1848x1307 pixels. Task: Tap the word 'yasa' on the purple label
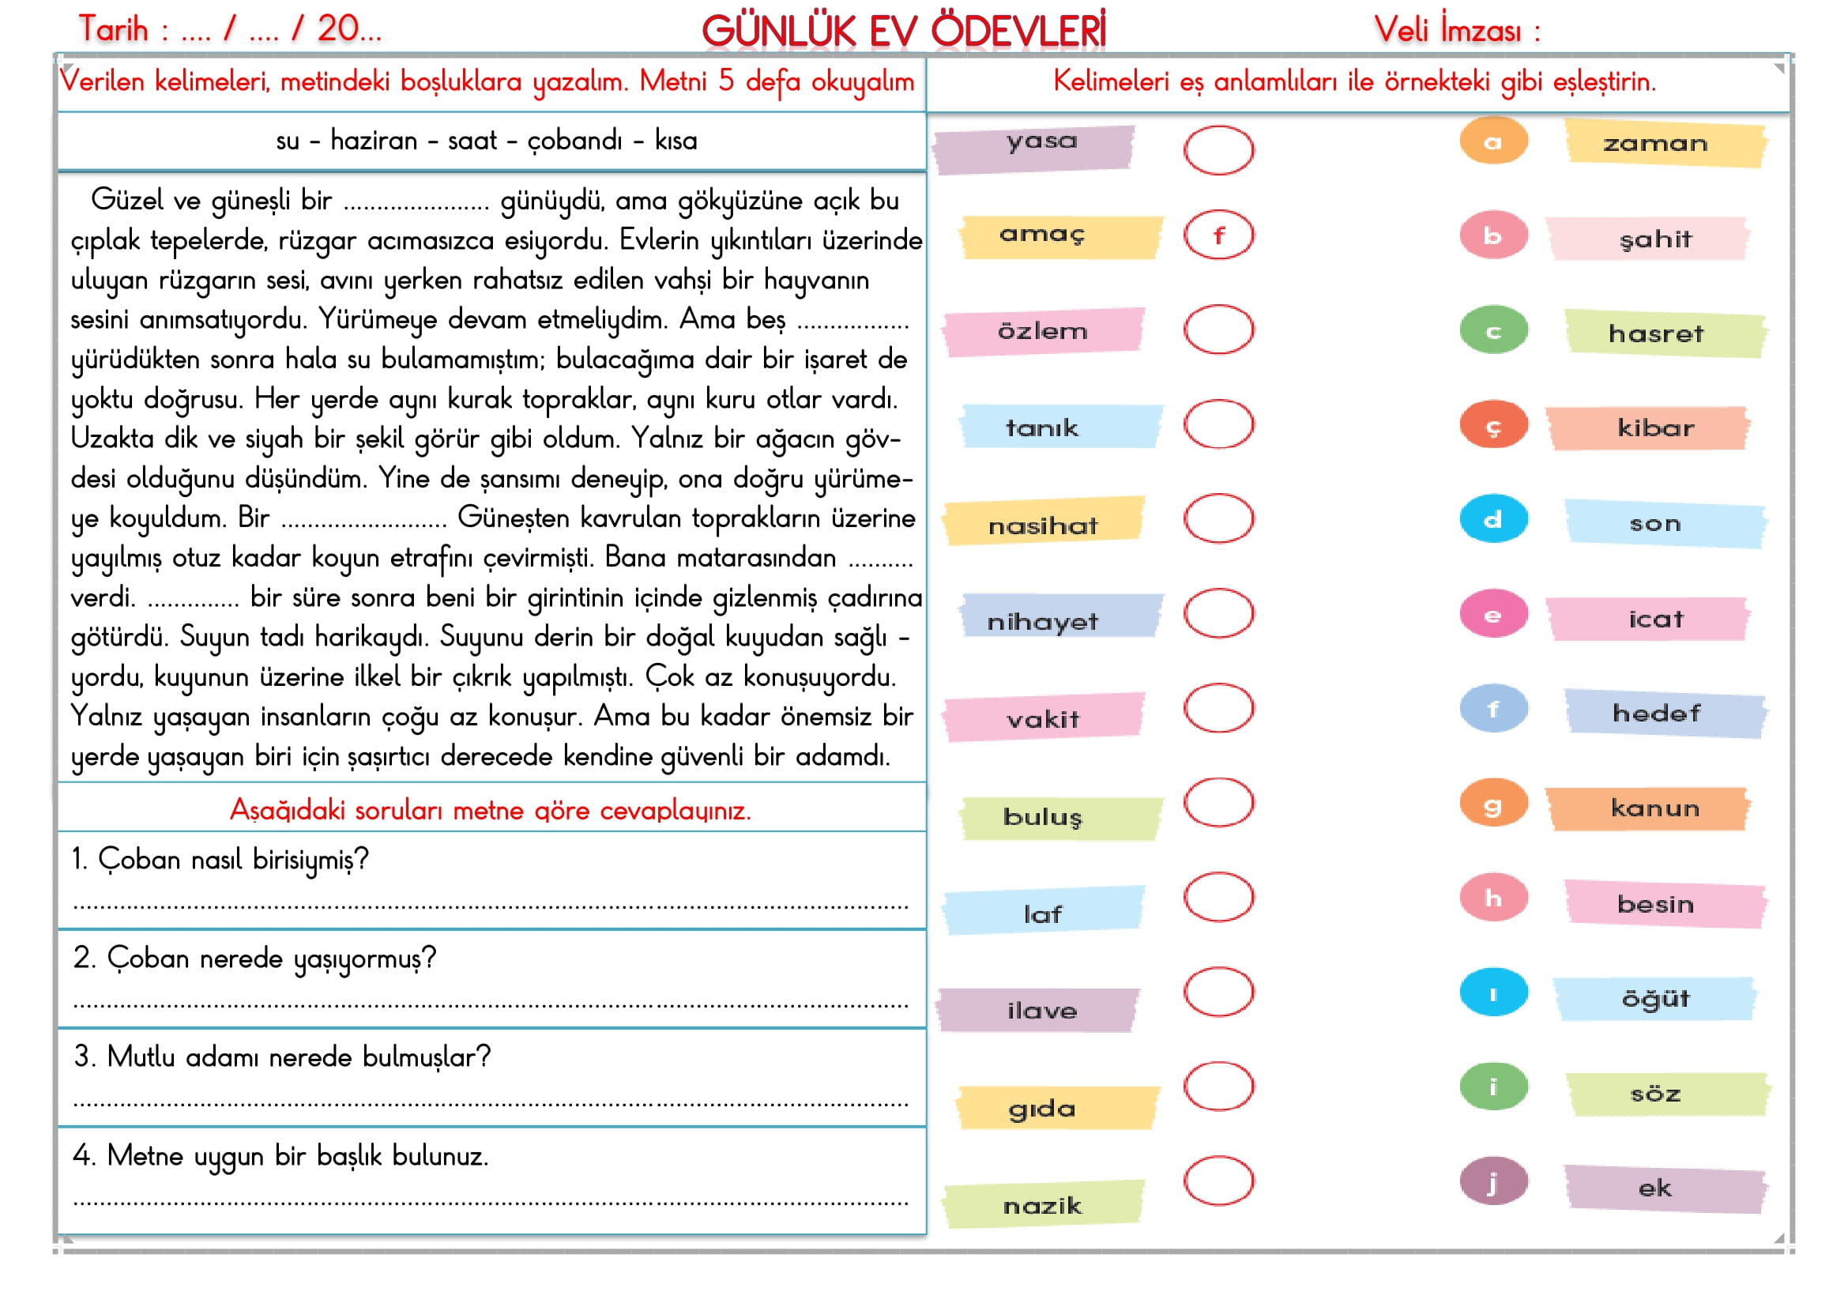point(1041,141)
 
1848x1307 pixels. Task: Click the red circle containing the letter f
point(1218,235)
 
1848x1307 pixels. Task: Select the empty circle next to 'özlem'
point(1218,330)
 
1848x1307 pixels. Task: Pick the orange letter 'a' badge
point(1493,141)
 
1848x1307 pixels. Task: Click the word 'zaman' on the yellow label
point(1655,144)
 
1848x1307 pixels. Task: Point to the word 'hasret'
point(1656,333)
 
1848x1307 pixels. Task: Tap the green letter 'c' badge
point(1493,331)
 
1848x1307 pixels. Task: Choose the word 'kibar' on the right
point(1656,428)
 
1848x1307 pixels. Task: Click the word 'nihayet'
point(1042,621)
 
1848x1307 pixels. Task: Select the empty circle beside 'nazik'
point(1218,1181)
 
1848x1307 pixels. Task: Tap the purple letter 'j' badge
point(1493,1181)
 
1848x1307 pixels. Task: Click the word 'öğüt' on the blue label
point(1655,998)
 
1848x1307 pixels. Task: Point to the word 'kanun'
point(1655,808)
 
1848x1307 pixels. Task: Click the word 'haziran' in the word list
point(374,141)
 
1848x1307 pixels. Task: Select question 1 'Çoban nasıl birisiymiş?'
point(220,860)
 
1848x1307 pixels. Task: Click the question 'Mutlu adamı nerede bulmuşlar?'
point(282,1057)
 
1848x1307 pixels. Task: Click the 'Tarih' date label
point(114,29)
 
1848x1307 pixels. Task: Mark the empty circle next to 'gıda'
point(1218,1086)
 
